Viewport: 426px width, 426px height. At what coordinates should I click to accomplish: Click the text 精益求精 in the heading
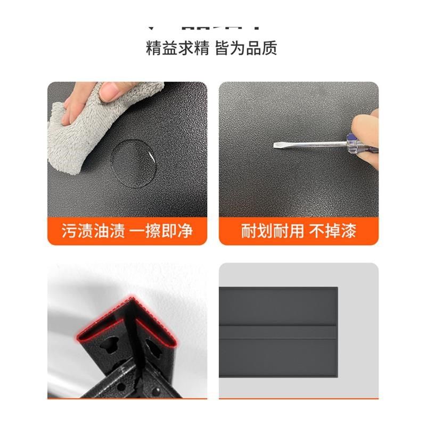click(177, 49)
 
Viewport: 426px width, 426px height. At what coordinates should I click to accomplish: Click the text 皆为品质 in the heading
click(246, 49)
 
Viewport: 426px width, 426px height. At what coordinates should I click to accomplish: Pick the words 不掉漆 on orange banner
click(333, 231)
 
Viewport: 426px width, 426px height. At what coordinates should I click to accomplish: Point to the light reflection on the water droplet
click(151, 157)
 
